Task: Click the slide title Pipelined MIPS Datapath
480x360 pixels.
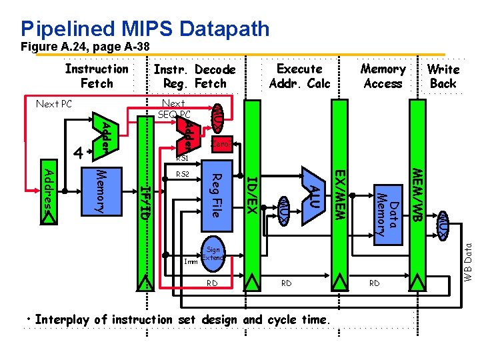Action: (x=145, y=29)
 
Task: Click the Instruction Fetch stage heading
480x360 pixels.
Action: (x=97, y=76)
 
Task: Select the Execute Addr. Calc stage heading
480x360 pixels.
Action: (x=299, y=76)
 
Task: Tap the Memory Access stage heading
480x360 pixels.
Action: (x=383, y=76)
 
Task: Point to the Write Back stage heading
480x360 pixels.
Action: (x=443, y=76)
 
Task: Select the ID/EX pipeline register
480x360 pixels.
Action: (x=252, y=193)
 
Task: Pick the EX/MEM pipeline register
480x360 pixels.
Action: (x=339, y=193)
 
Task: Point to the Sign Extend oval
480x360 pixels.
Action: (x=213, y=253)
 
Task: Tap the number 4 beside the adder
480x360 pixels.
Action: (x=78, y=153)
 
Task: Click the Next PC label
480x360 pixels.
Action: (x=53, y=104)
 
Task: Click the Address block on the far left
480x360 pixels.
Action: (x=49, y=189)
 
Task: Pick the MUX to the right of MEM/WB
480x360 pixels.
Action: (x=443, y=224)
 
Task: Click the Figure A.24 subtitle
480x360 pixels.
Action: (x=85, y=47)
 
